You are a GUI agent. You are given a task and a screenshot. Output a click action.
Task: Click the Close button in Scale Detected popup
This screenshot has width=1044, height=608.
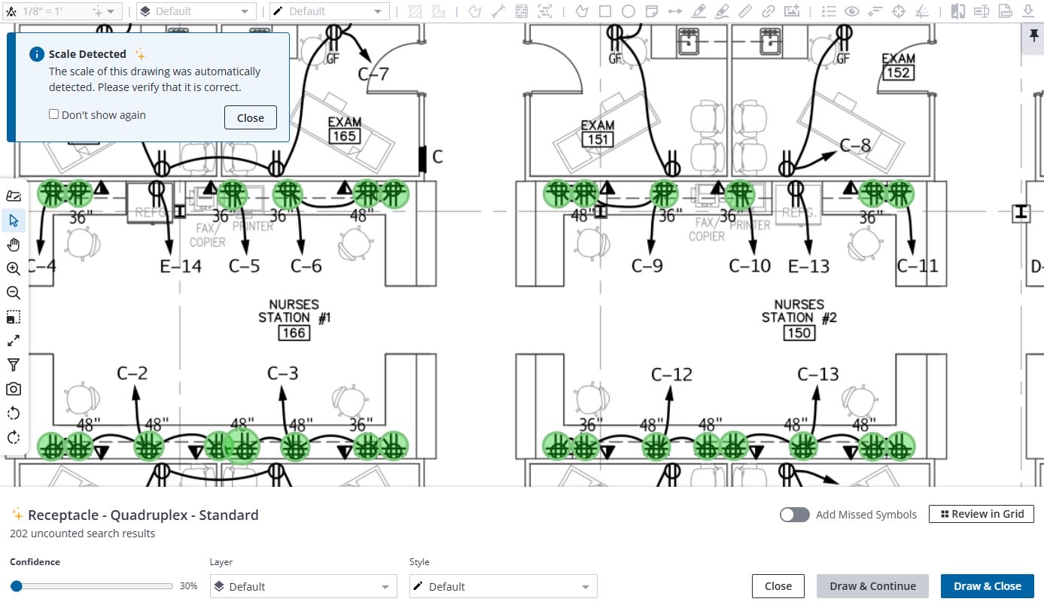pos(250,117)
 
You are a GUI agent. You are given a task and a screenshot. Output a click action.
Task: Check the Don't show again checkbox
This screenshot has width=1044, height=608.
pos(54,114)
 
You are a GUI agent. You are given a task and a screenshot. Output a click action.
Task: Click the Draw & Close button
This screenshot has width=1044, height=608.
pos(987,586)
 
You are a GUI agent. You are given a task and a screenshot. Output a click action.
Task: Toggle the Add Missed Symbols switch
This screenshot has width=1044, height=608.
pos(795,515)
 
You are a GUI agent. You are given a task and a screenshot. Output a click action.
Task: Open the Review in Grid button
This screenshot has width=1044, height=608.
pos(982,514)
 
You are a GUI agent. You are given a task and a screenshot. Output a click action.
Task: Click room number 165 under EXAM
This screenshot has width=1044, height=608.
pos(344,136)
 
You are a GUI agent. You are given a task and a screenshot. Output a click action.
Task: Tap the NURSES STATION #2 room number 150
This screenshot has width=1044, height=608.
pos(799,333)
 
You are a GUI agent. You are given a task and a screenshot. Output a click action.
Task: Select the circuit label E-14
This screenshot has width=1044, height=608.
pos(181,266)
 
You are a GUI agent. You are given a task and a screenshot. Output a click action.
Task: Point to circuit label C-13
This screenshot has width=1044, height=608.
pos(817,374)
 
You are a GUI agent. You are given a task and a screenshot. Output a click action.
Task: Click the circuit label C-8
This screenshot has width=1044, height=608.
pos(855,145)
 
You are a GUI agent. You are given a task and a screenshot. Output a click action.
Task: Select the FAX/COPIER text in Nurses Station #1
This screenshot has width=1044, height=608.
pos(207,235)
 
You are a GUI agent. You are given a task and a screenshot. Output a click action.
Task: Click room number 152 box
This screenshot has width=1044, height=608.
pos(898,73)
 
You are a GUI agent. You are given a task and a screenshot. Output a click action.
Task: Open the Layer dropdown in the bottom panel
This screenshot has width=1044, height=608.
pos(303,587)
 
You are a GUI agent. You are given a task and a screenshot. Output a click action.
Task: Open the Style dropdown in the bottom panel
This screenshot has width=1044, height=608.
pos(503,587)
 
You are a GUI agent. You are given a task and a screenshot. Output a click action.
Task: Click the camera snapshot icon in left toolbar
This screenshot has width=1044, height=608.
pos(13,389)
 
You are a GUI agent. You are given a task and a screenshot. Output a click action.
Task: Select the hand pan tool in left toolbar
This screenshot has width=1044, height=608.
pos(13,245)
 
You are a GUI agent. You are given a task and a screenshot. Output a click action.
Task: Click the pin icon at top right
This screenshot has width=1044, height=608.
pos(1032,35)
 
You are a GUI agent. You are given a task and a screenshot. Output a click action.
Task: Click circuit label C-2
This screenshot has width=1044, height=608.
pos(132,372)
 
